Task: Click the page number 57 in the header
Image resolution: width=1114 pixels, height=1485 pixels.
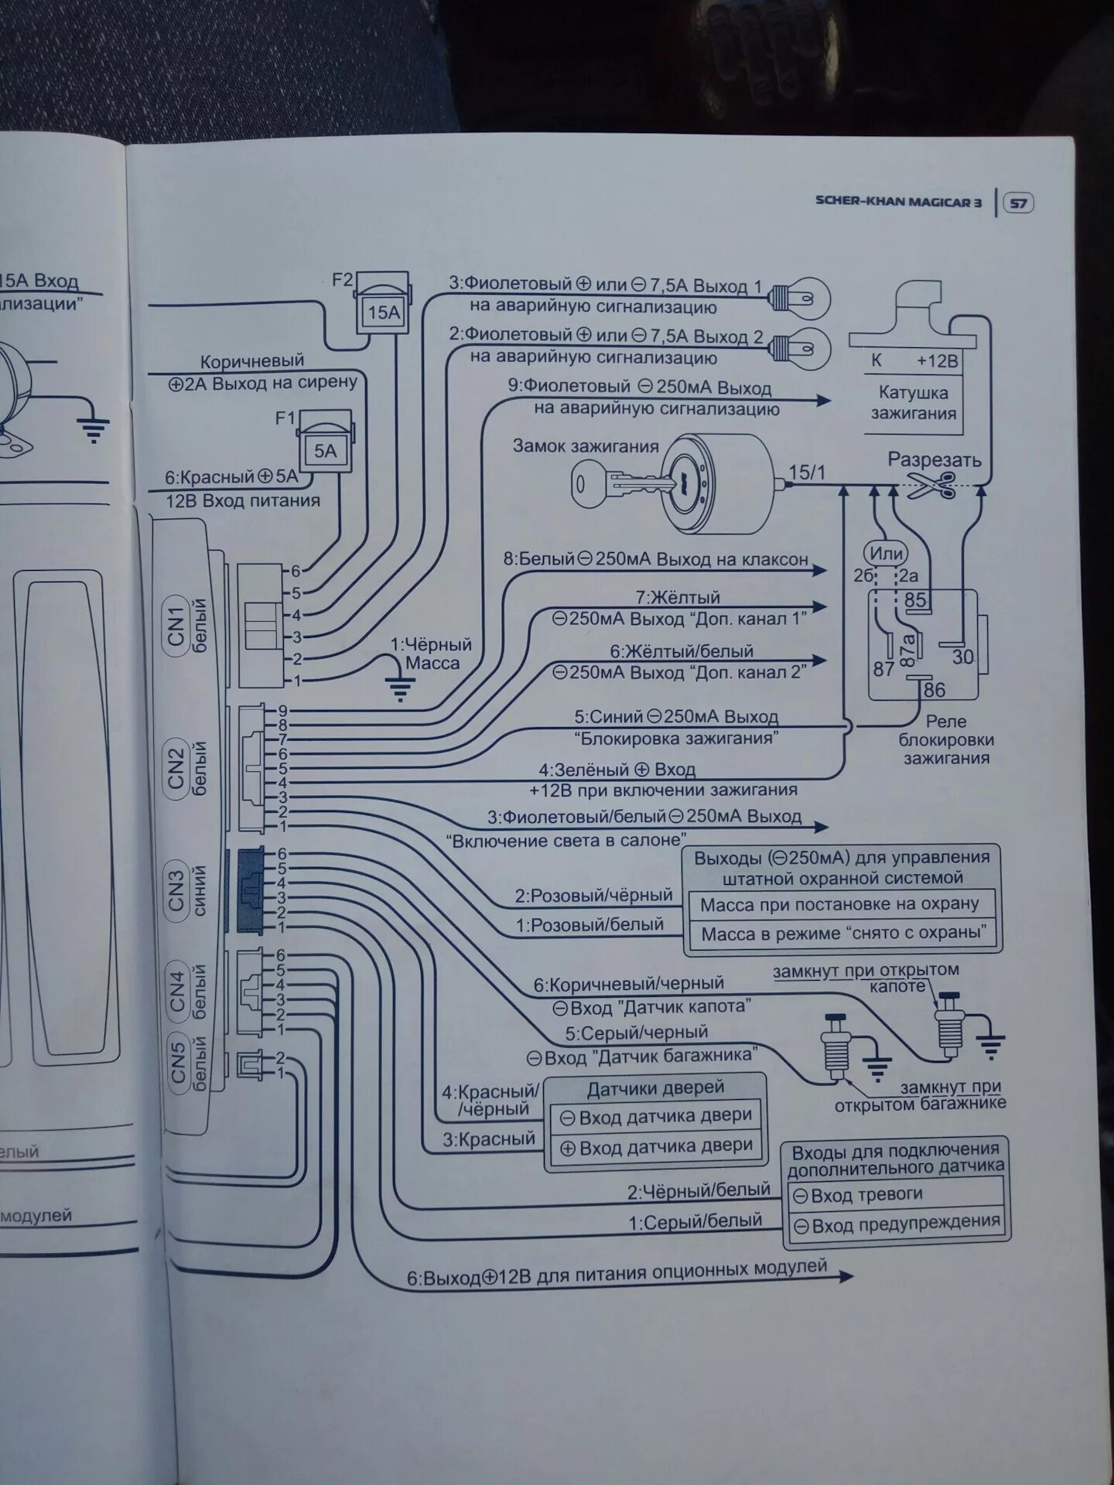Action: click(x=1018, y=203)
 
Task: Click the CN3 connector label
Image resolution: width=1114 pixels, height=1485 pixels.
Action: click(x=177, y=889)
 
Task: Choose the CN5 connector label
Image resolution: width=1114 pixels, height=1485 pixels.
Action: click(x=179, y=1063)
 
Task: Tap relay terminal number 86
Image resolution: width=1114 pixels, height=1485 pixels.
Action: click(x=934, y=689)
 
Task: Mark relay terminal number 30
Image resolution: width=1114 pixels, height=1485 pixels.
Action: click(x=962, y=657)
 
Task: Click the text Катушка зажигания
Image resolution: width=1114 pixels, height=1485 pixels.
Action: click(x=914, y=403)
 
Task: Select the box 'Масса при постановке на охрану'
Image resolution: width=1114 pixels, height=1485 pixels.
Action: click(x=839, y=904)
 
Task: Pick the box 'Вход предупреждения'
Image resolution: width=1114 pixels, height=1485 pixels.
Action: click(x=897, y=1225)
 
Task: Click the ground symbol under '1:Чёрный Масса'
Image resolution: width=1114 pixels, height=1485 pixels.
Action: click(x=400, y=688)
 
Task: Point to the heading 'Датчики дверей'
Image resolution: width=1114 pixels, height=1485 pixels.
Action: click(x=655, y=1089)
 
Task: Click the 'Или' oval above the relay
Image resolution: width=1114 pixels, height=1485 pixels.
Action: click(x=887, y=553)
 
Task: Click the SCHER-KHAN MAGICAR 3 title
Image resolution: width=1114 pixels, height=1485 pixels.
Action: click(x=898, y=201)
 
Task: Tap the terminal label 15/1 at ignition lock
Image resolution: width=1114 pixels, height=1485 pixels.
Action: click(x=807, y=473)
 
